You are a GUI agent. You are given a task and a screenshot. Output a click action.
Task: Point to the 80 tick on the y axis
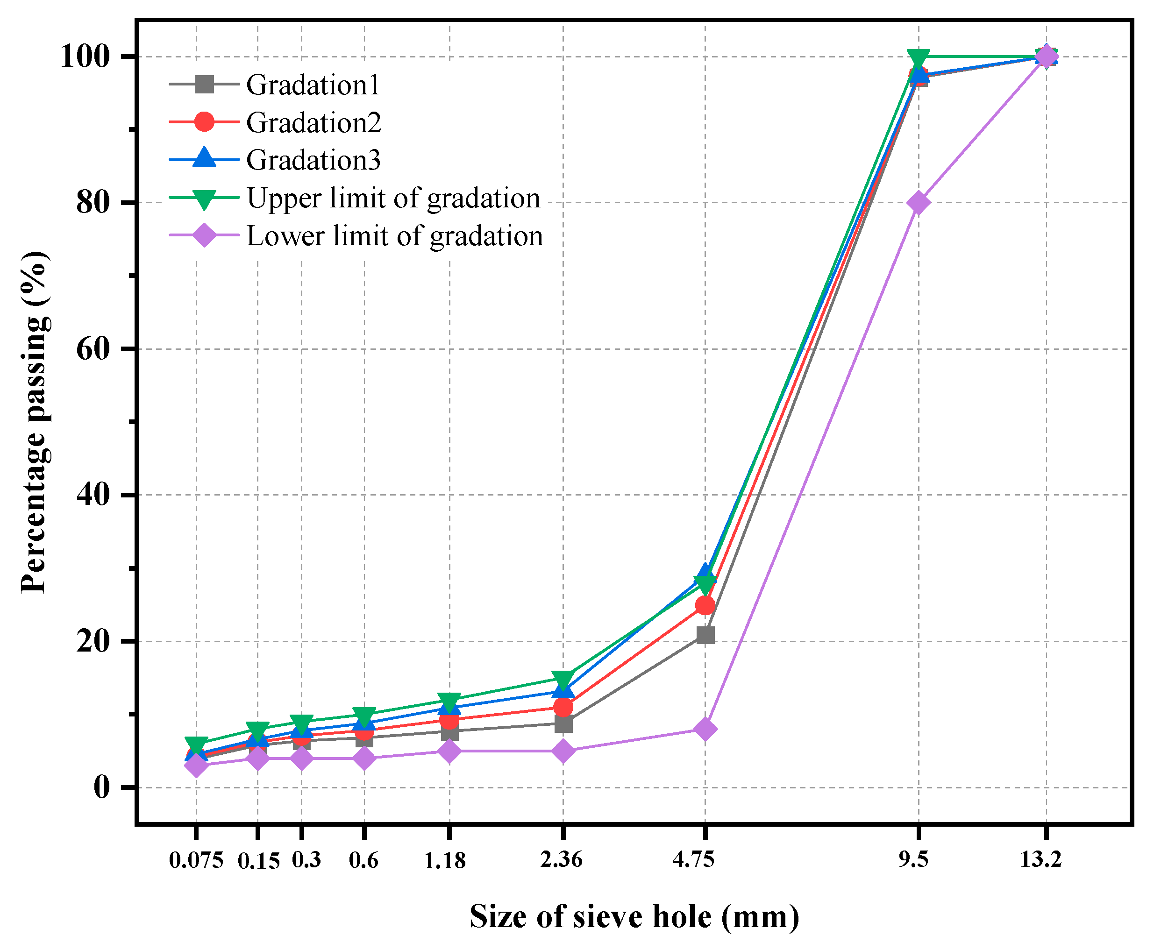point(93,203)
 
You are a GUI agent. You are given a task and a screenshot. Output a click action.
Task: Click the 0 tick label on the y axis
point(101,787)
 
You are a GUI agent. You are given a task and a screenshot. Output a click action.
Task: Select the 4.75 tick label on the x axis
point(694,859)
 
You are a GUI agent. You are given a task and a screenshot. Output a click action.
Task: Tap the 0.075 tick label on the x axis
point(196,860)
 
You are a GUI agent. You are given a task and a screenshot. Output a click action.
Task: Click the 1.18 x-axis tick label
point(444,860)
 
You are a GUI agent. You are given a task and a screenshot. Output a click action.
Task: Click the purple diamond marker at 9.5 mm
point(918,203)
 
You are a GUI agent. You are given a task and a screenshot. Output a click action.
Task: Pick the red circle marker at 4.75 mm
point(705,605)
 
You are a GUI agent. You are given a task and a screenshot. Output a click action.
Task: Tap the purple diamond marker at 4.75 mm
point(705,729)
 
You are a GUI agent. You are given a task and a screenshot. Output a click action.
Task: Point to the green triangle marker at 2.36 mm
point(563,679)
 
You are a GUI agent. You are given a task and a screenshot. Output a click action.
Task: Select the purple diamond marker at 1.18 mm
point(449,751)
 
